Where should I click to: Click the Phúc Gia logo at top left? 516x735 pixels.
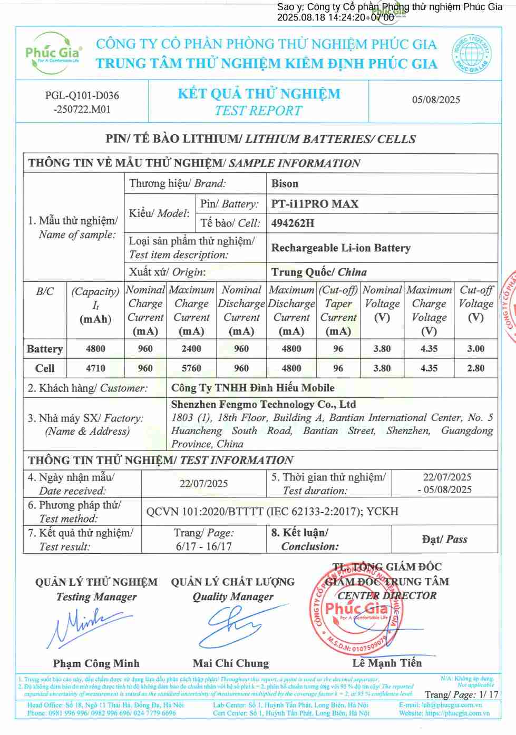53,51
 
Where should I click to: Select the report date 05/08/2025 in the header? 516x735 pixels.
436,100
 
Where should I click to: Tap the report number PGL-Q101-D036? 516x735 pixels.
82,95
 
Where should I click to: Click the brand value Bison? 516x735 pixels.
285,183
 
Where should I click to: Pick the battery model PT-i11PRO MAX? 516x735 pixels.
315,204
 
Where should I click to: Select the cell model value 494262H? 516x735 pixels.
293,223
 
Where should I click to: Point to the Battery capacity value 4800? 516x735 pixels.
95,349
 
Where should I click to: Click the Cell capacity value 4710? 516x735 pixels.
95,368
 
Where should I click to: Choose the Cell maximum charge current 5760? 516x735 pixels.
191,368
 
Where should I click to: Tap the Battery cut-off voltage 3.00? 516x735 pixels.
475,349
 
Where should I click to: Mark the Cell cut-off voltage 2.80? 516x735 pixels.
475,368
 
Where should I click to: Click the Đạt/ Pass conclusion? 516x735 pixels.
444,539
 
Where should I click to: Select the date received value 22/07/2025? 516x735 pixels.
203,484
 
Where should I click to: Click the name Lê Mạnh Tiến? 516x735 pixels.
387,663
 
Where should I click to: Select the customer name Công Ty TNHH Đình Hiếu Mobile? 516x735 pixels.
252,388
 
